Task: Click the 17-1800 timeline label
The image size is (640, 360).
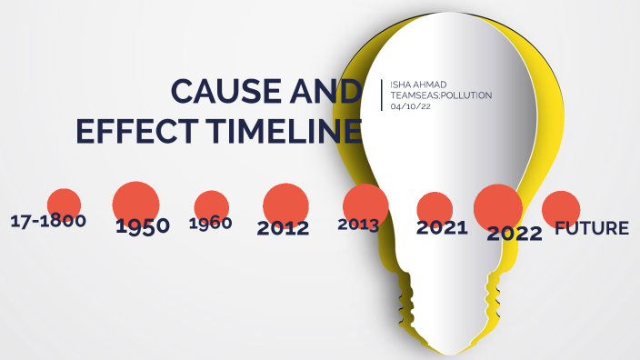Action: tap(47, 221)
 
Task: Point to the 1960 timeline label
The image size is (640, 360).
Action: tap(210, 223)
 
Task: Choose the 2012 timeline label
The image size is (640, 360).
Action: tap(283, 227)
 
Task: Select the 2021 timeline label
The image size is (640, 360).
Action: tap(442, 227)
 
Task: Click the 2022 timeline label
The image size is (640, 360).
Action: tap(514, 233)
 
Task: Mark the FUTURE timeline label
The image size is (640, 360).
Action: tap(592, 227)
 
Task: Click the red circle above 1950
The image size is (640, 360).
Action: tap(135, 201)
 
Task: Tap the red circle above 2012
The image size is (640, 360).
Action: tap(286, 203)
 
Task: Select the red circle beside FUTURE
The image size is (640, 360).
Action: tap(560, 208)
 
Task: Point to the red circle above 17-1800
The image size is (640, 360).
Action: tap(64, 204)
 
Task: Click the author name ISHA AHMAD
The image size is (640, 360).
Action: tap(417, 84)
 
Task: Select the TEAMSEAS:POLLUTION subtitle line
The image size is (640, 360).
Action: tap(440, 95)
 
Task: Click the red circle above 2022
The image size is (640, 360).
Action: tap(497, 205)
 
